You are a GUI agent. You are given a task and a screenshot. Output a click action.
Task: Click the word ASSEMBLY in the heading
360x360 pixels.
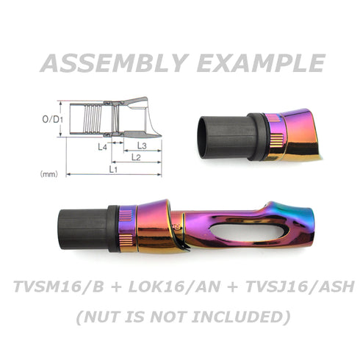coord(115,63)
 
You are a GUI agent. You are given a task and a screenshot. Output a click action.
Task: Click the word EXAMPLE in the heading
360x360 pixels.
coord(261,63)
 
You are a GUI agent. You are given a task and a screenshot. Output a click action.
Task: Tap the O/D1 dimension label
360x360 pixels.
coord(53,119)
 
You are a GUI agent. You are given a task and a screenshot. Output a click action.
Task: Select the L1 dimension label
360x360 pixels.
coord(113,169)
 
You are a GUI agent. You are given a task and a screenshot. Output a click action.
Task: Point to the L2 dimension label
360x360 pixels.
coord(136,157)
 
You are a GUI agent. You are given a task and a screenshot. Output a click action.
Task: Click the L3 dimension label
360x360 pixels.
coord(142,146)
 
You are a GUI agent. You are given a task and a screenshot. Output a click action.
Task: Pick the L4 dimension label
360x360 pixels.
coord(102,147)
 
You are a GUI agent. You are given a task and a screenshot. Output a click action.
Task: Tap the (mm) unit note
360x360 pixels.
coord(49,174)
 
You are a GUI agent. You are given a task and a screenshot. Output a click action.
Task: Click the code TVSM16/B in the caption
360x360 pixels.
coord(59,287)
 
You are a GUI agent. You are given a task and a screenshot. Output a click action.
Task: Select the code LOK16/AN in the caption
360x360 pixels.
coord(174,287)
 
